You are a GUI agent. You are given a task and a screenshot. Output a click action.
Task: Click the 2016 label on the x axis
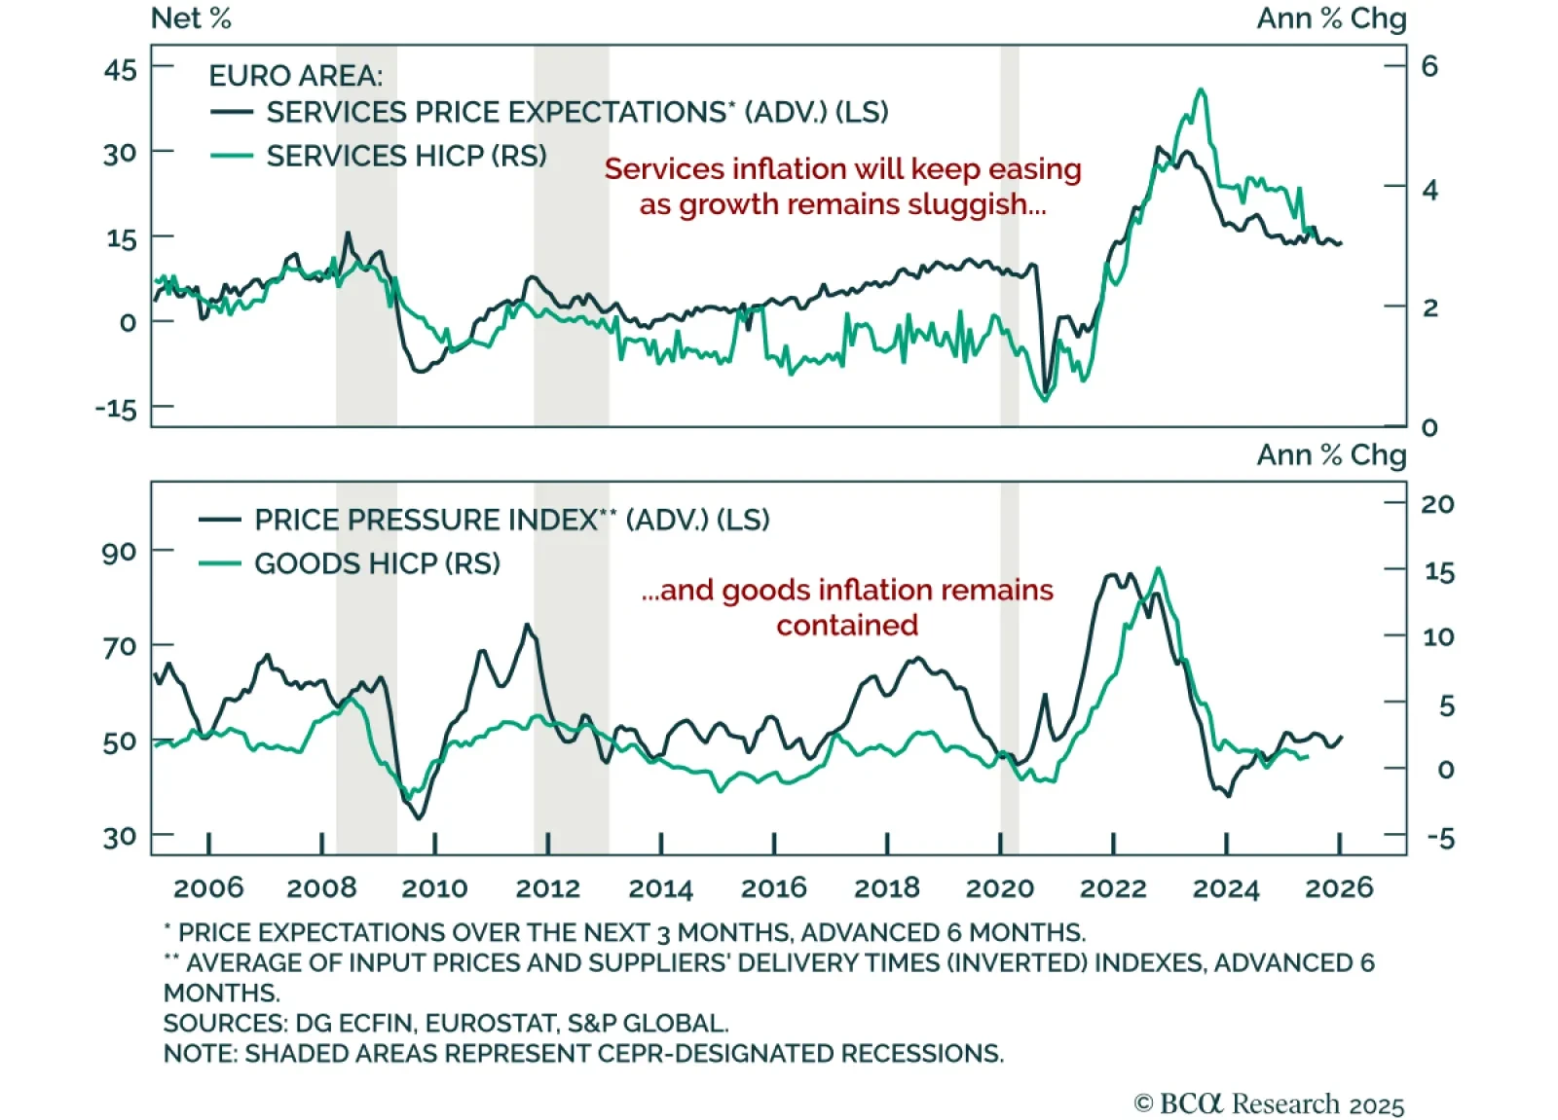point(773,887)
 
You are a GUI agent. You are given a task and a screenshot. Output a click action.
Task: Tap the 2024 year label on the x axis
point(1226,887)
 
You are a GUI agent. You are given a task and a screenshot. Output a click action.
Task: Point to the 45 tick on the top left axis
point(121,70)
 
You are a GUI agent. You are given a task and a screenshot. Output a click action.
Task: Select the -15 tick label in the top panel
point(116,408)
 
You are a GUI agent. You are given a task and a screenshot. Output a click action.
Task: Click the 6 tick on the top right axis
point(1429,66)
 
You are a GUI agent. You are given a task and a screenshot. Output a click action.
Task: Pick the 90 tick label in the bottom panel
point(119,552)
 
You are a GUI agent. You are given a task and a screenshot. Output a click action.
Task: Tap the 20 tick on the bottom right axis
point(1437,504)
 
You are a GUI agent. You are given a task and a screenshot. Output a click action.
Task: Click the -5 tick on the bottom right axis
point(1439,838)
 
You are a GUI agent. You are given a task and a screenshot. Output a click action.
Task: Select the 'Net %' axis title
point(191,18)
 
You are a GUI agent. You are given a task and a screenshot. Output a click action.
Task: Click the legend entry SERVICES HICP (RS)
point(406,156)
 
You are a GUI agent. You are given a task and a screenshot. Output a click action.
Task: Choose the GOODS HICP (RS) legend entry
point(377,563)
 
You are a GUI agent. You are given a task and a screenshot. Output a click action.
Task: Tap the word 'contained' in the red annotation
point(847,625)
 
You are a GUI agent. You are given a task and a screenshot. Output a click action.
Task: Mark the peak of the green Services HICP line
point(1201,90)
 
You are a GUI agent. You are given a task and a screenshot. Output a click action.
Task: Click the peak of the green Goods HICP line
point(1158,568)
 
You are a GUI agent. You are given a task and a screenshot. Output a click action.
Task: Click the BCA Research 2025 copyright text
point(1269,1104)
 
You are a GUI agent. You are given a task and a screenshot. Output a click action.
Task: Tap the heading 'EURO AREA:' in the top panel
point(296,76)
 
